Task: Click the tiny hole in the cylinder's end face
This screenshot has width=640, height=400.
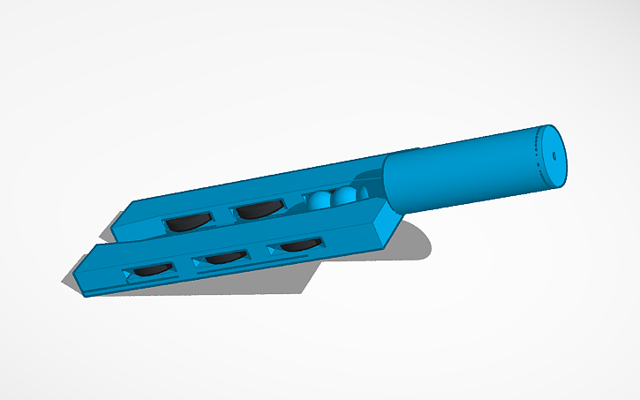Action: (x=553, y=155)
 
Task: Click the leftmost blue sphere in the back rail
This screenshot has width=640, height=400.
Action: (x=320, y=202)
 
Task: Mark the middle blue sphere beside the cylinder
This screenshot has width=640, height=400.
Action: (x=344, y=195)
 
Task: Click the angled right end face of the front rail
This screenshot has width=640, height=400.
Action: (x=386, y=225)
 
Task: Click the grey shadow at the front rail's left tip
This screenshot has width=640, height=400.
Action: (x=70, y=282)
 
